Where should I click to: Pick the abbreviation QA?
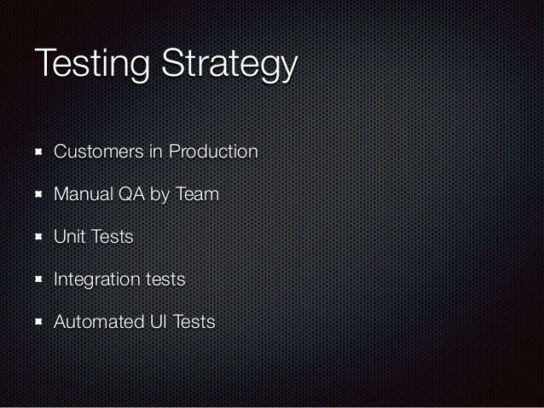click(132, 195)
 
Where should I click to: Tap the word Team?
click(197, 195)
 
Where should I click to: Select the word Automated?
click(98, 322)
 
